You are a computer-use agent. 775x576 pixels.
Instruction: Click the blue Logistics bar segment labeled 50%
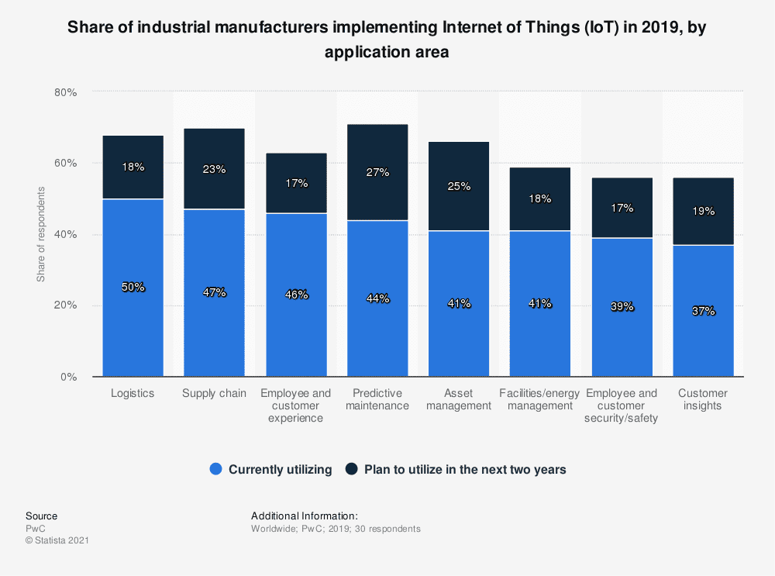tap(133, 288)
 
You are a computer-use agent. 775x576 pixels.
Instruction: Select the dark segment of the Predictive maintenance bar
tap(377, 172)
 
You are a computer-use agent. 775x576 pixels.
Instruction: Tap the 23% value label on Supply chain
tap(214, 169)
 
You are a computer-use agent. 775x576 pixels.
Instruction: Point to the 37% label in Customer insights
tap(703, 311)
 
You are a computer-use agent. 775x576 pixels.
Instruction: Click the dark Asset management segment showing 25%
tap(459, 186)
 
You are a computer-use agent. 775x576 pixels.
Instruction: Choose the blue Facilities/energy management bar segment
tap(540, 304)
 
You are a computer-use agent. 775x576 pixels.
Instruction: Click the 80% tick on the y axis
tap(66, 92)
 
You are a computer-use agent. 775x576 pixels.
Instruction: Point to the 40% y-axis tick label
tap(66, 235)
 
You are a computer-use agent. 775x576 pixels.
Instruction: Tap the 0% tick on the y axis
tap(69, 378)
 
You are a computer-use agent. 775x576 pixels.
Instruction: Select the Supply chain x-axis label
tap(214, 393)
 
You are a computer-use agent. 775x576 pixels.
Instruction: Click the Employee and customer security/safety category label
tap(622, 405)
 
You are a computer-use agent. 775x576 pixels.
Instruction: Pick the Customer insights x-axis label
tap(703, 399)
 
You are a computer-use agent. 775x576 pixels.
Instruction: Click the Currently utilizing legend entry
tap(270, 469)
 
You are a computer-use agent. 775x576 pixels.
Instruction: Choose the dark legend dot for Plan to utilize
tap(352, 469)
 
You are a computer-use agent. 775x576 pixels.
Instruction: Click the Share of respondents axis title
tap(41, 234)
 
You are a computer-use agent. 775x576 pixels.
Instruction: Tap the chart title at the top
tap(387, 40)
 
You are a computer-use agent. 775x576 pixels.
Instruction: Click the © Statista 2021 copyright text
tap(57, 541)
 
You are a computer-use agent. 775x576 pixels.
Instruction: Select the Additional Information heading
tap(304, 516)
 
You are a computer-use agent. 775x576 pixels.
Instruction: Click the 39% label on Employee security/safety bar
tap(622, 307)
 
